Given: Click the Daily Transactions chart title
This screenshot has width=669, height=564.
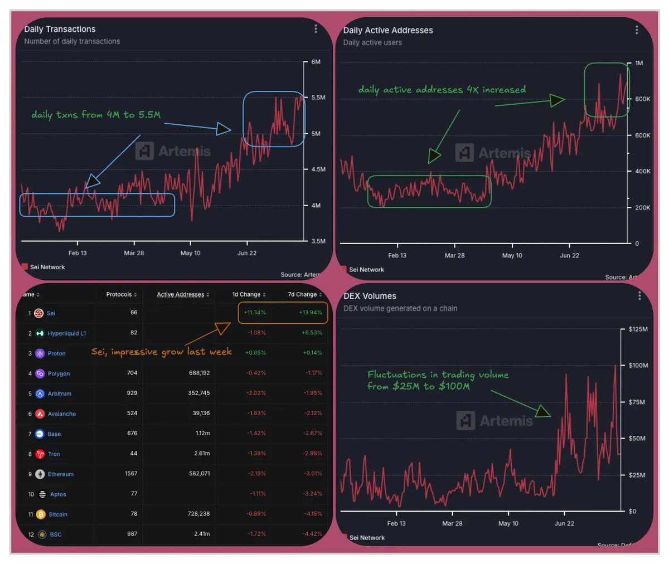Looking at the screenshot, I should click(60, 30).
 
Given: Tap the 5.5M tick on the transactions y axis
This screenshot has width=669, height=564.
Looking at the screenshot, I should click(318, 98).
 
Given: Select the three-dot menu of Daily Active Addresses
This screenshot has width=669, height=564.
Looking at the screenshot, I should click(636, 30).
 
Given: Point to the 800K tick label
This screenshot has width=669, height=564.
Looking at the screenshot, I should click(642, 99).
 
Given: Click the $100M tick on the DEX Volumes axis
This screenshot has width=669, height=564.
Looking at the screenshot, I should click(638, 366).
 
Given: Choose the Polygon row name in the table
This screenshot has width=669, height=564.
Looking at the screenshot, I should click(59, 373).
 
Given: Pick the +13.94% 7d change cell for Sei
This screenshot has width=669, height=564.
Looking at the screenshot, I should click(311, 313).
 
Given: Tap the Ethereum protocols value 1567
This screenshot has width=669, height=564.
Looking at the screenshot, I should click(130, 474).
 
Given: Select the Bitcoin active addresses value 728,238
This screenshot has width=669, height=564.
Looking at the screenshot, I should click(198, 514).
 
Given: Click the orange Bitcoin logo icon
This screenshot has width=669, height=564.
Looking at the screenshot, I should click(40, 514).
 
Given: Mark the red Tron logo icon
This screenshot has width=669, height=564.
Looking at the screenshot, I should click(40, 454).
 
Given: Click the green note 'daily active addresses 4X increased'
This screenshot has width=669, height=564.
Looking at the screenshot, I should click(442, 90).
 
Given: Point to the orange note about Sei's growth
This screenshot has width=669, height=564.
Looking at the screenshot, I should click(161, 352).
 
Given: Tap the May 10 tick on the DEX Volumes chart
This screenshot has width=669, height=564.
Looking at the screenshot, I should click(508, 523).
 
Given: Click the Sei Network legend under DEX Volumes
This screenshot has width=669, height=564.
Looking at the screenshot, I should click(366, 538).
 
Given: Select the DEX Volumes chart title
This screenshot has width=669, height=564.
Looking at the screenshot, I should click(370, 296).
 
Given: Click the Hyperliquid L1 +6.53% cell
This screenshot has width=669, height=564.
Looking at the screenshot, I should click(312, 333).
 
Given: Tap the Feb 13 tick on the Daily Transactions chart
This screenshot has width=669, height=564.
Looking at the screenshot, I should click(77, 253).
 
